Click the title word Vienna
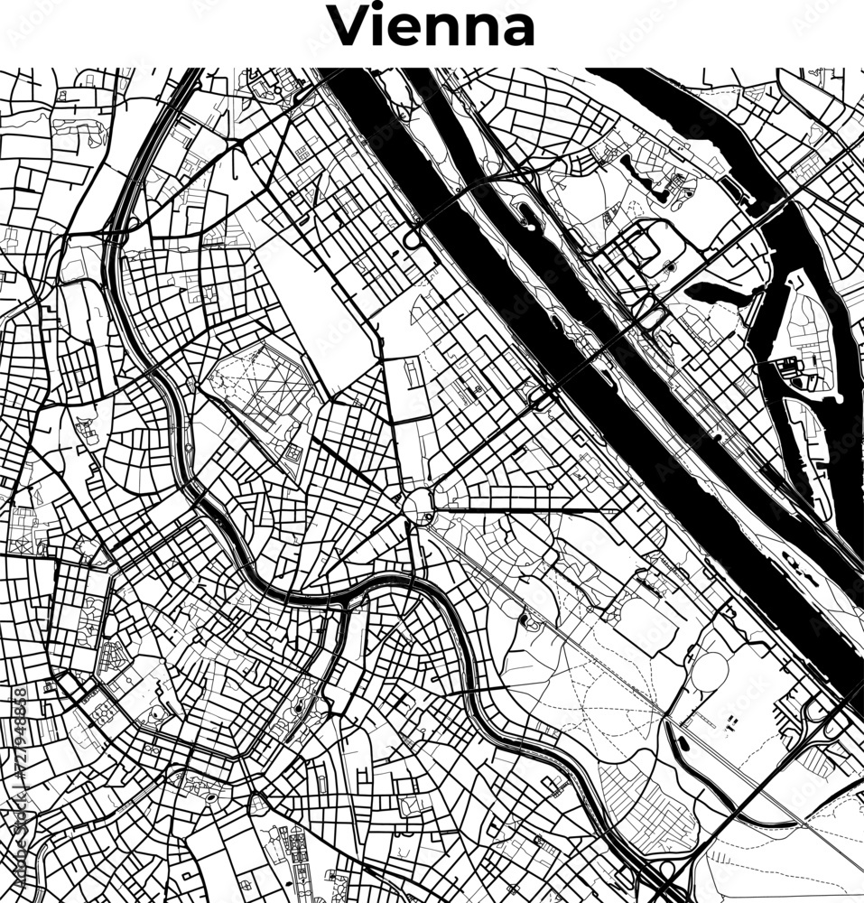point(432,27)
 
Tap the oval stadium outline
point(710,671)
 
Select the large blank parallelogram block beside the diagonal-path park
point(325,307)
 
